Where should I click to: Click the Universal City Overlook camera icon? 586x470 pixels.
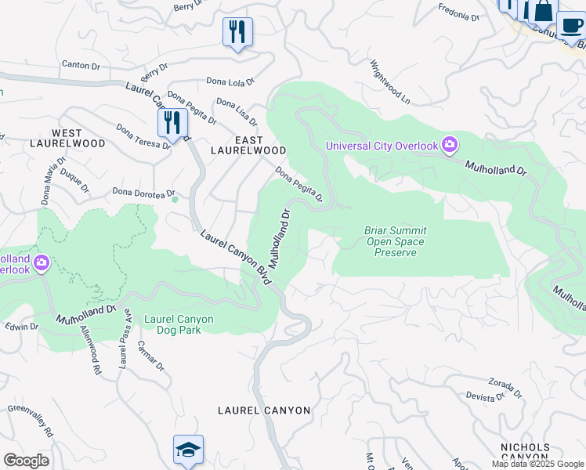[x=450, y=144]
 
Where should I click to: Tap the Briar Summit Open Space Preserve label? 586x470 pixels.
[x=395, y=241]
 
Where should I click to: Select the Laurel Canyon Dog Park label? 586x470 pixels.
[x=172, y=324]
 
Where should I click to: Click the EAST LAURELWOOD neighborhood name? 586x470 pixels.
[x=248, y=149]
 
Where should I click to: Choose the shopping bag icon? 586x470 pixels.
[x=543, y=10]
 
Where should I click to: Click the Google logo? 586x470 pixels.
[x=26, y=461]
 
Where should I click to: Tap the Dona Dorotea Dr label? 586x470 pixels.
[x=143, y=191]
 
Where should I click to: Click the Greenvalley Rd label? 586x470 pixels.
[x=31, y=420]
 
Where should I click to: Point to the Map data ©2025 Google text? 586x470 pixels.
[x=537, y=464]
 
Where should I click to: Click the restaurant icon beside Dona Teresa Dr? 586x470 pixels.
[x=172, y=123]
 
